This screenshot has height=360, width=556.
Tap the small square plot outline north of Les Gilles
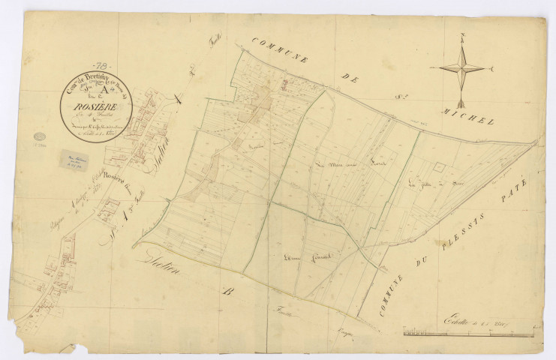coord(440,170)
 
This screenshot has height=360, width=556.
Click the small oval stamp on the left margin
coord(40,138)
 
